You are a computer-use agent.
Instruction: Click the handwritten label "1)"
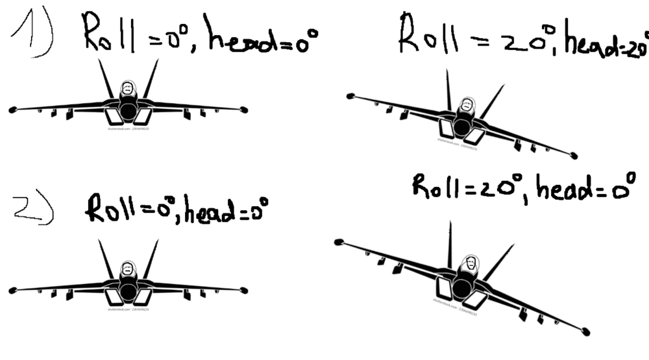32,36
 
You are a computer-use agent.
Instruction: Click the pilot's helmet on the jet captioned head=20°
465,106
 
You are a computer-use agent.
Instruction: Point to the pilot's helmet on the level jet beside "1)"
129,88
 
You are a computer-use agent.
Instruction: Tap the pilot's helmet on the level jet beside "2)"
129,268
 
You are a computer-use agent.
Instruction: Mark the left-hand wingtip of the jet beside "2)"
12,290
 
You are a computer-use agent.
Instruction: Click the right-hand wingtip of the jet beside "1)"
244,110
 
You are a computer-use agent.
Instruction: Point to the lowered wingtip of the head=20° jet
574,156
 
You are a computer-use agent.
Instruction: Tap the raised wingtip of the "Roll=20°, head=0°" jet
338,242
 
